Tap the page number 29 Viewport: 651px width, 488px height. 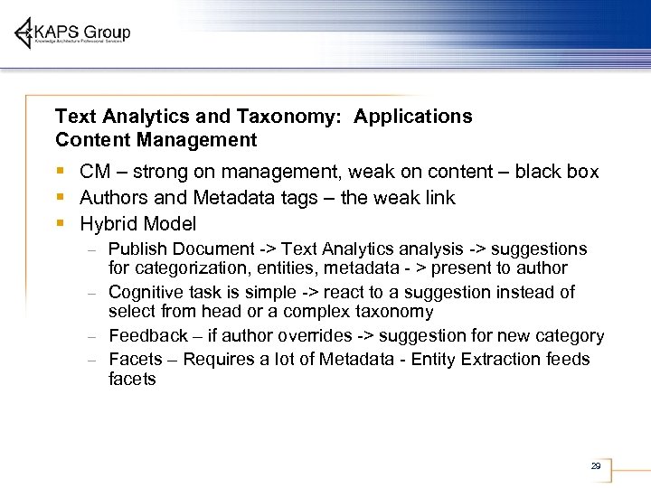(595, 466)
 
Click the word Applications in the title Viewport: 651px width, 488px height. (413, 117)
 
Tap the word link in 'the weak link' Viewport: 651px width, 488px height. (438, 197)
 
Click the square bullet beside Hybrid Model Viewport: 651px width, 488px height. (60, 223)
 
